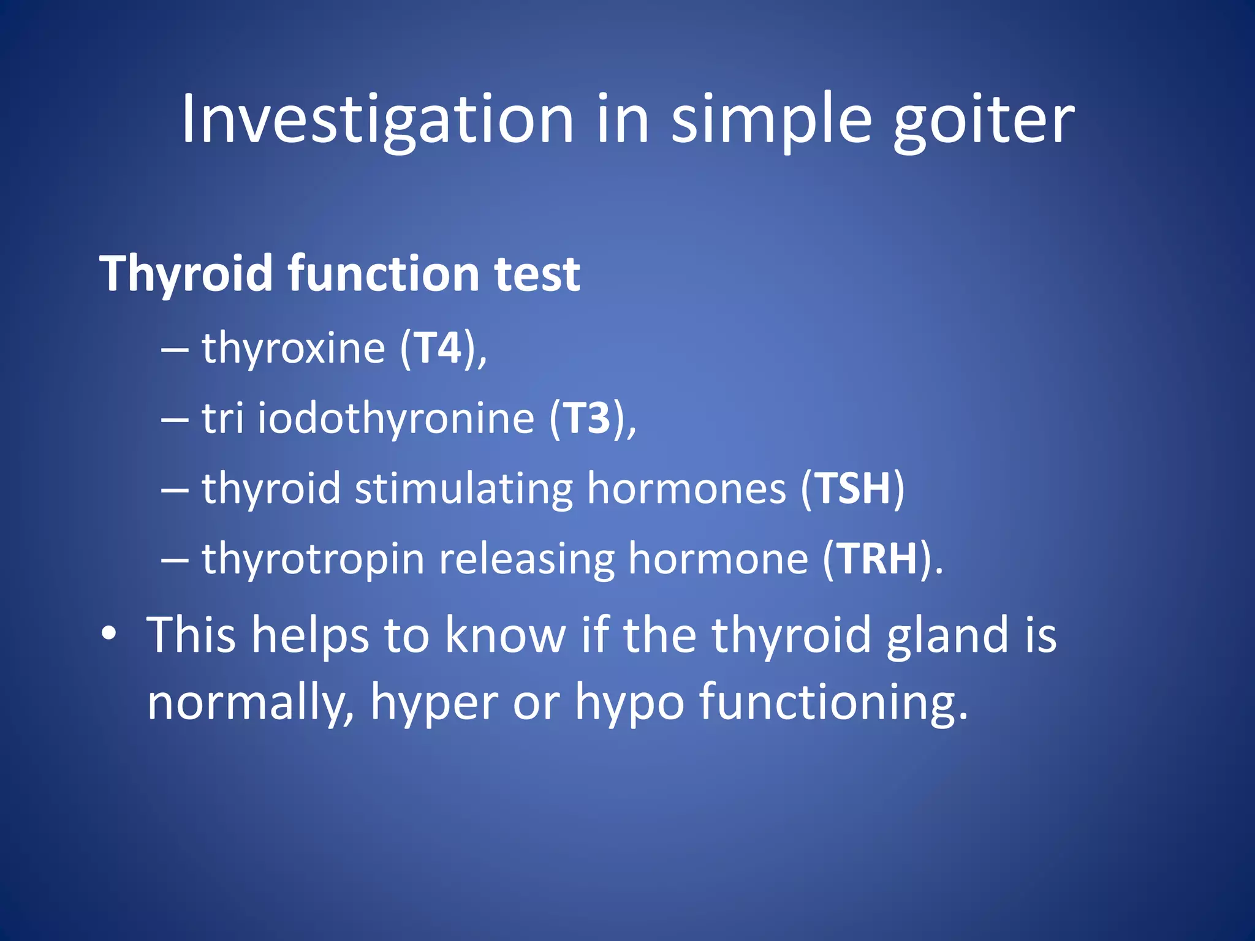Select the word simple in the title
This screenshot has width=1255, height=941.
[x=771, y=119]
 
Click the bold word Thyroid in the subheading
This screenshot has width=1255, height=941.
[x=186, y=274]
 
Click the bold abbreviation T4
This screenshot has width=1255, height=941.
[x=438, y=348]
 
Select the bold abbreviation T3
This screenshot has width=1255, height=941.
[x=587, y=418]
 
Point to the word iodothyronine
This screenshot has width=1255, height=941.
[x=396, y=419]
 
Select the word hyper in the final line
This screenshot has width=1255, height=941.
[x=434, y=703]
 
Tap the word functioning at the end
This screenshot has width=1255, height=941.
[x=833, y=703]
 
